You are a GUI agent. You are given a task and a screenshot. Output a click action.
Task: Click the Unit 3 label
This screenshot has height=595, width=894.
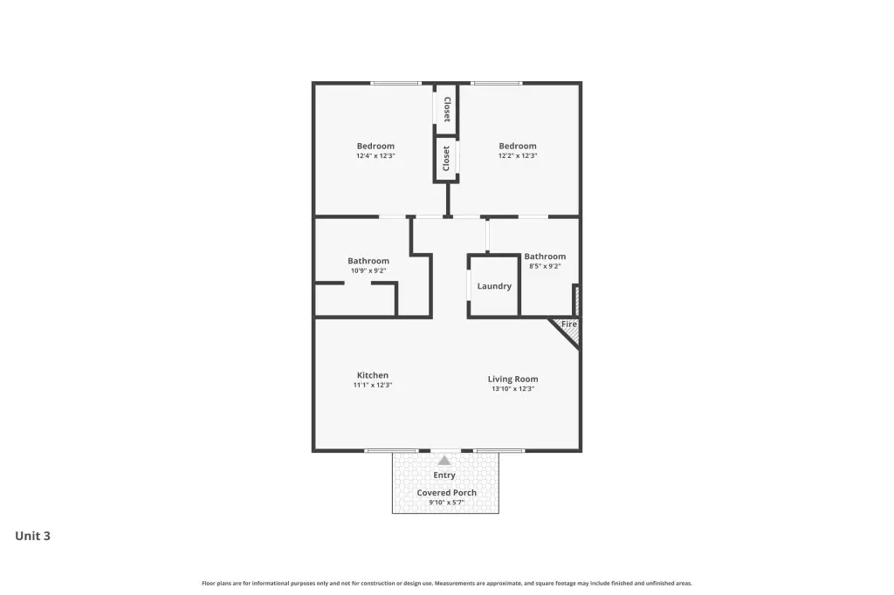(x=32, y=536)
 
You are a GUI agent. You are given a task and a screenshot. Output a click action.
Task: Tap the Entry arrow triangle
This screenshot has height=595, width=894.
(x=444, y=461)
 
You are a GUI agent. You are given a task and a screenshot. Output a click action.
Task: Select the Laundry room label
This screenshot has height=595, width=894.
(x=494, y=286)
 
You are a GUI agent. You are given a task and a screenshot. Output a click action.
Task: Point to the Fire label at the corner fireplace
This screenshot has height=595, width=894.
(x=569, y=324)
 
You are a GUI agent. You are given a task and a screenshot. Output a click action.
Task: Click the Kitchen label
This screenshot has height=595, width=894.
(x=373, y=375)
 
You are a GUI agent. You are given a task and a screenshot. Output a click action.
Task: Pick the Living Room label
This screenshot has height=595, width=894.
(x=512, y=379)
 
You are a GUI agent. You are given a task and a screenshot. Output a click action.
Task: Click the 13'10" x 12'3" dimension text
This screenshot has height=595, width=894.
(x=513, y=389)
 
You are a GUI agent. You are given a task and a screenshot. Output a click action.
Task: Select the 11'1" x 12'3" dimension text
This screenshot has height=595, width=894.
(x=373, y=385)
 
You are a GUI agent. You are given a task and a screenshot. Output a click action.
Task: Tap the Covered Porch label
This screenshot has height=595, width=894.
(x=446, y=492)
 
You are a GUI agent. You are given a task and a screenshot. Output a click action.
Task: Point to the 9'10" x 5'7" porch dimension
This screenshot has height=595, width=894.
(x=446, y=503)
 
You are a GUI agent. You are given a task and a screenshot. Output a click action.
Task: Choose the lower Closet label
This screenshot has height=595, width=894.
(x=446, y=159)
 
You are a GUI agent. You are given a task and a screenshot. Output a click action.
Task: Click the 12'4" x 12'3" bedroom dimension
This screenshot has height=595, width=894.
(x=375, y=155)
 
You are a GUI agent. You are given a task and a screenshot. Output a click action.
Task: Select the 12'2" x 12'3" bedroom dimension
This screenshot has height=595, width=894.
(x=518, y=155)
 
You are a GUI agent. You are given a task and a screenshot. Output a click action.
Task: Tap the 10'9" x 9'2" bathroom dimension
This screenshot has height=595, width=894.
(x=368, y=270)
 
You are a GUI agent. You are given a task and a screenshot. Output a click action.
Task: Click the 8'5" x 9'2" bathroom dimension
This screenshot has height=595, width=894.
(x=545, y=266)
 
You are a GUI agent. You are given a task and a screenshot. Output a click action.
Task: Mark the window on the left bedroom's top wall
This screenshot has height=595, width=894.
(x=395, y=84)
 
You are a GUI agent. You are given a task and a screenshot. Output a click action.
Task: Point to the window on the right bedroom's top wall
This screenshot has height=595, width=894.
(x=497, y=84)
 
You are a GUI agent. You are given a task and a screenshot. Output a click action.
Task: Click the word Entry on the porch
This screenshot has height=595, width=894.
(x=444, y=475)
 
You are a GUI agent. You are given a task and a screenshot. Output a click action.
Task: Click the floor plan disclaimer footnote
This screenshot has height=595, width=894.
(x=447, y=583)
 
